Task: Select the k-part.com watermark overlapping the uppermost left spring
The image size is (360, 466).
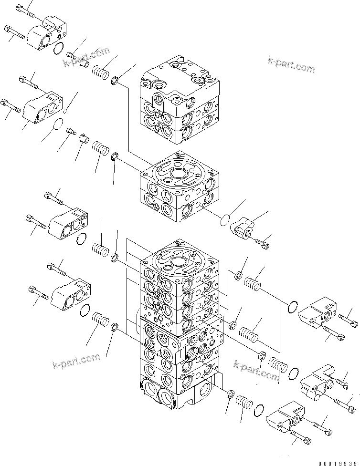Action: point(87,56)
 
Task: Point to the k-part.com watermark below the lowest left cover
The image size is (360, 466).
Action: point(76,361)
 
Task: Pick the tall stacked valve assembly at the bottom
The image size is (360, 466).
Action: point(180,324)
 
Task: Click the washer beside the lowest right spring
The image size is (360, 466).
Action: point(229,394)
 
